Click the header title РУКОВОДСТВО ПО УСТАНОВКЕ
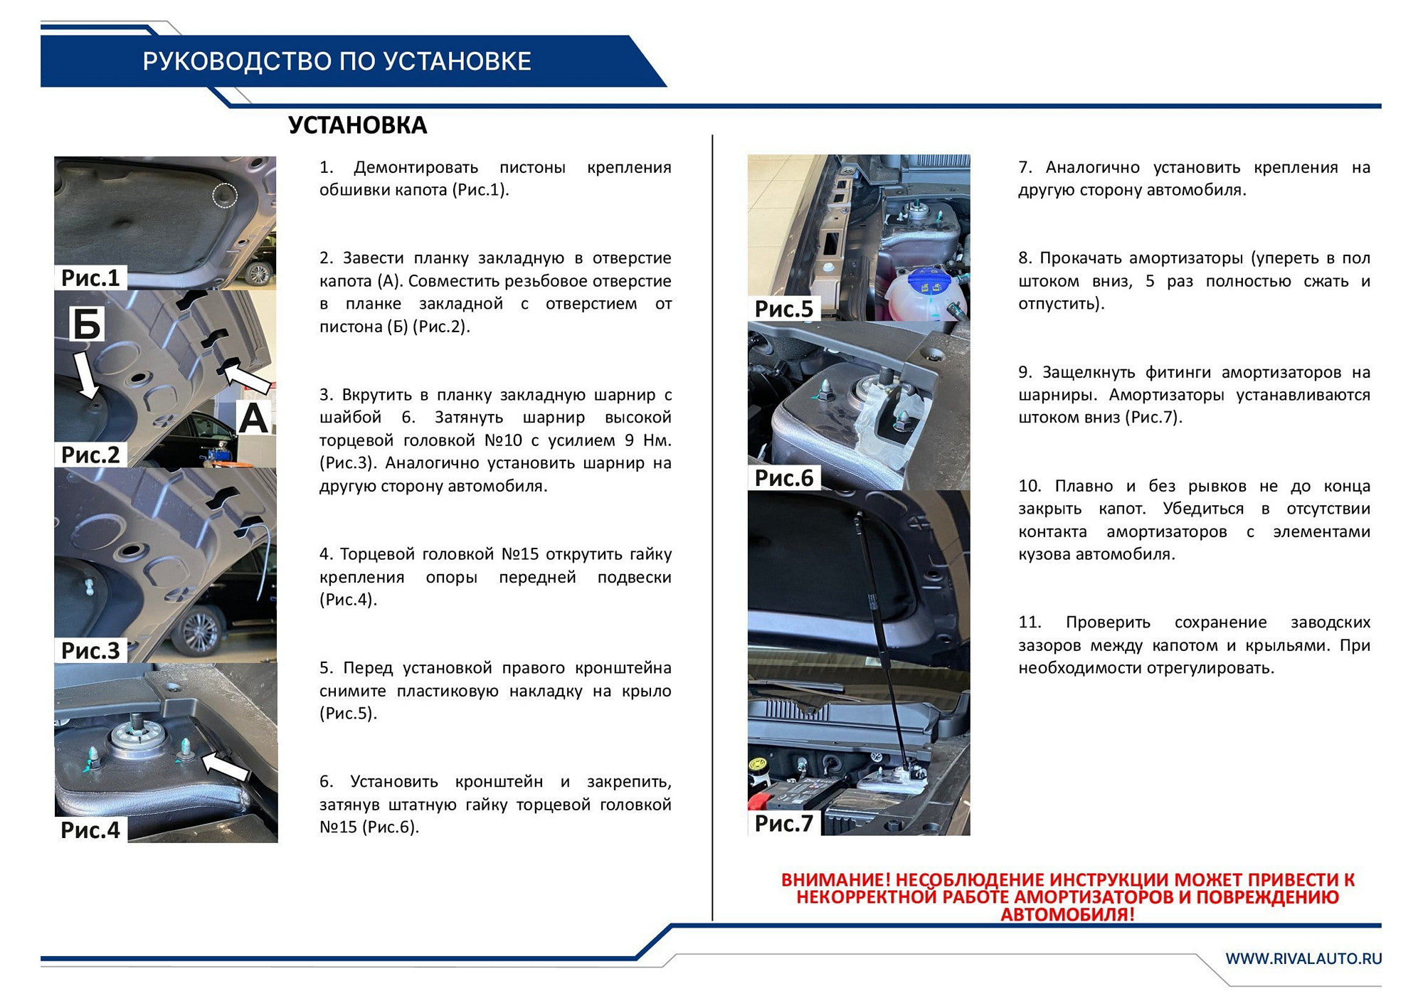(337, 62)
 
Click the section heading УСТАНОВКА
(357, 125)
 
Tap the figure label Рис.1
(90, 277)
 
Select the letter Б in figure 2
(87, 324)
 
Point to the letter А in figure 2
(253, 418)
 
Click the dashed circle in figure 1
(225, 195)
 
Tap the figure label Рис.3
(90, 650)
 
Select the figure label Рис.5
(783, 309)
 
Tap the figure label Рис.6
(783, 478)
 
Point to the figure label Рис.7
(783, 823)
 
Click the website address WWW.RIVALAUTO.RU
(1303, 958)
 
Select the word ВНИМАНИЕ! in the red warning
(835, 880)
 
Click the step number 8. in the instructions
(1025, 258)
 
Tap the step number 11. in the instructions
(1029, 623)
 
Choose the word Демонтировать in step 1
(416, 168)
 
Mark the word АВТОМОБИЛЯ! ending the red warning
(1067, 914)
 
